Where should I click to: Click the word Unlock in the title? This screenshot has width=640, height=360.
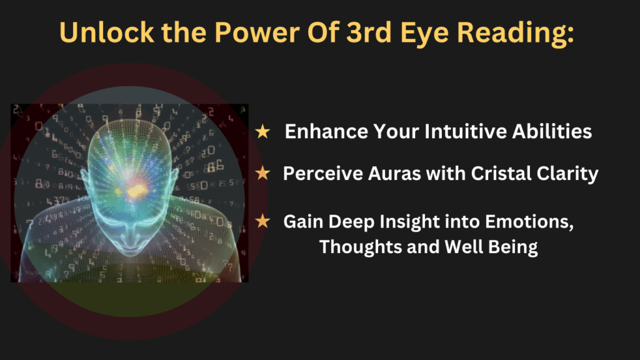click(107, 32)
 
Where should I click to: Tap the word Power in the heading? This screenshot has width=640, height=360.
click(257, 32)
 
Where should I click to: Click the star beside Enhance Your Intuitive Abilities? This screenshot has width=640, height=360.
click(262, 131)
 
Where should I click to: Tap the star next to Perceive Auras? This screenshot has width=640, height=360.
click(262, 173)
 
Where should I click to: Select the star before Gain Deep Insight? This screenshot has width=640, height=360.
click(262, 221)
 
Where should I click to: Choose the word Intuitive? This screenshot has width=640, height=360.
click(465, 131)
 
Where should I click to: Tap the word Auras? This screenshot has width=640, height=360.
click(394, 174)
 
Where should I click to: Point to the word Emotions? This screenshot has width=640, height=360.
click(529, 222)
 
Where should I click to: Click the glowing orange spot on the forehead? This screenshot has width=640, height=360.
click(137, 190)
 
